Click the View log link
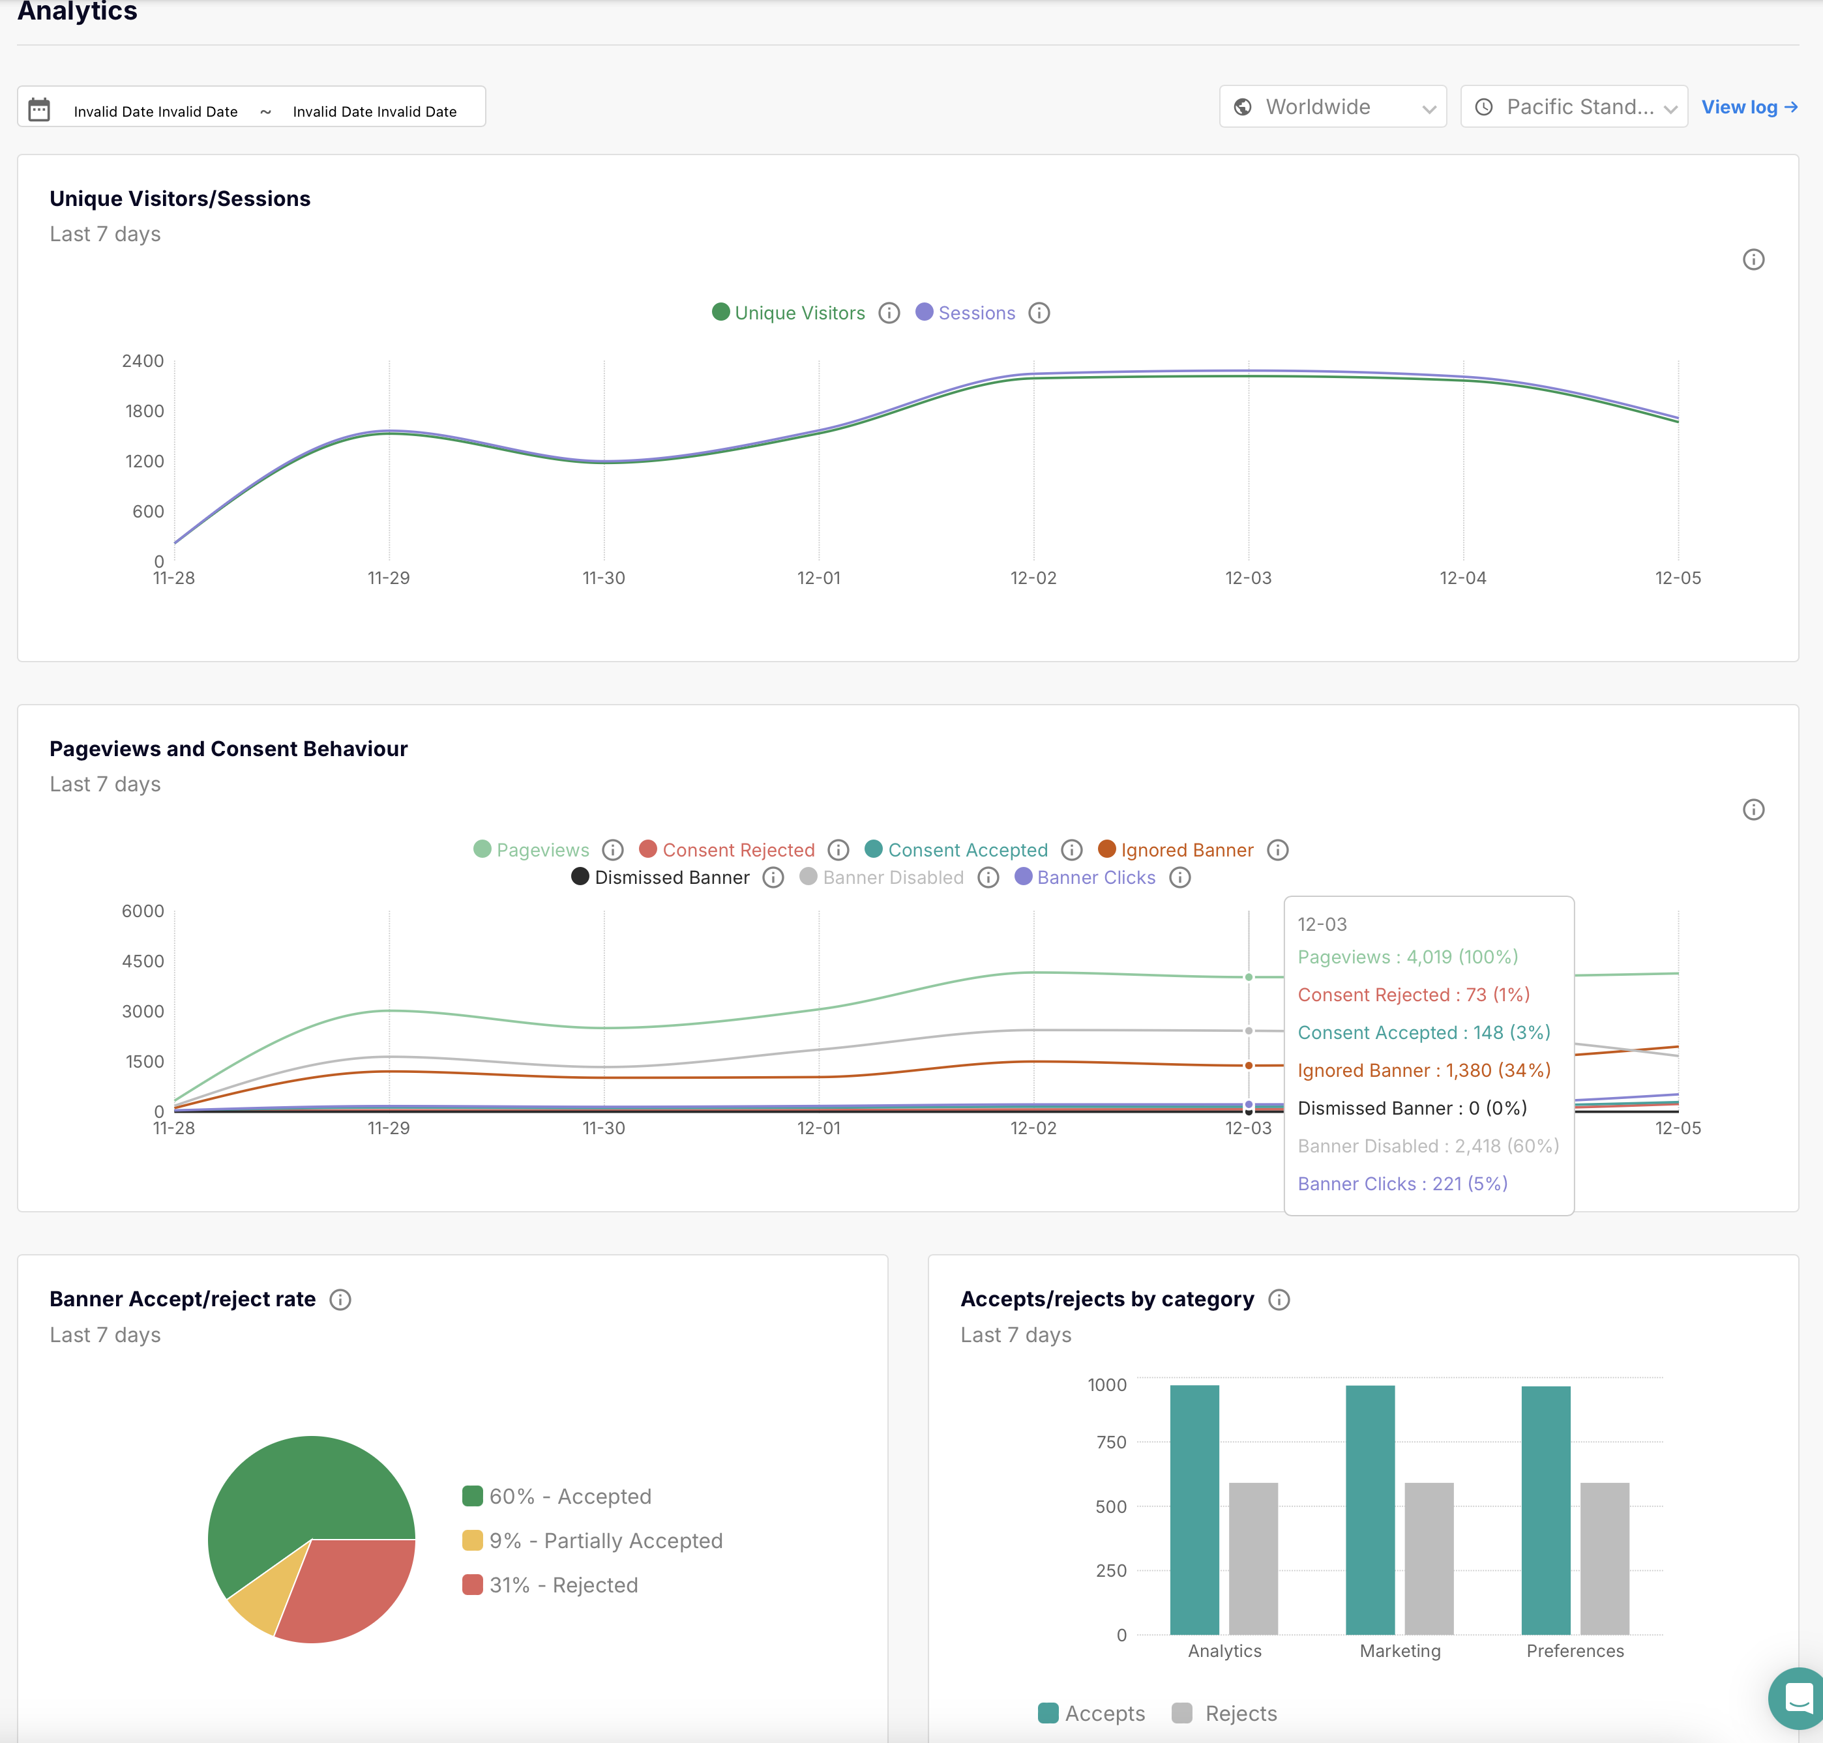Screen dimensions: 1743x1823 point(1749,107)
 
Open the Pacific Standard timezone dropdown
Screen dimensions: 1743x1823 point(1573,107)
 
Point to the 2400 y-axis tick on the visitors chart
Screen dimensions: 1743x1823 point(142,360)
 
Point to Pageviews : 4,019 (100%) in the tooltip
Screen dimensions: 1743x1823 point(1407,957)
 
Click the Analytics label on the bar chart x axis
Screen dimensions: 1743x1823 point(1224,1651)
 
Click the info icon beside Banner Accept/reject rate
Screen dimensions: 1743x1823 point(340,1300)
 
